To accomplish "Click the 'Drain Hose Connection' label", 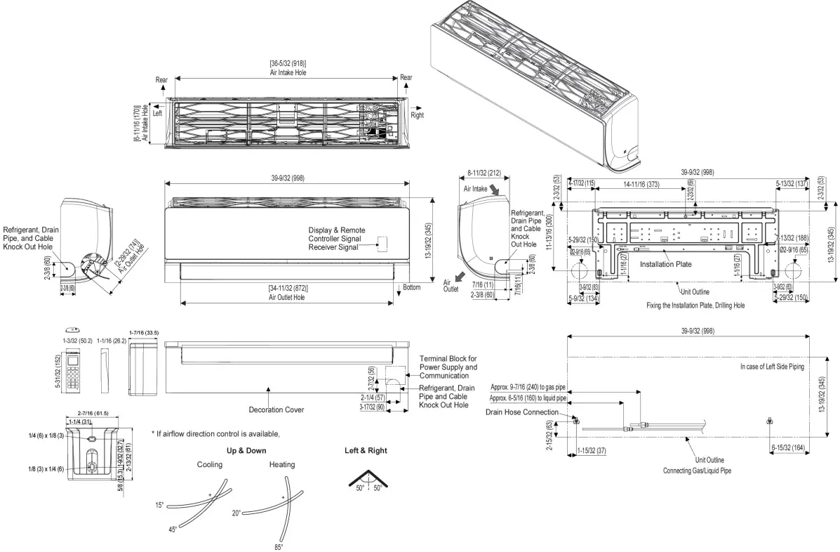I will (521, 412).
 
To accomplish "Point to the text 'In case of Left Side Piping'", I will (772, 367).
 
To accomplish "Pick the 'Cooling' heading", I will (209, 465).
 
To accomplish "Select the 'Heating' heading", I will (282, 465).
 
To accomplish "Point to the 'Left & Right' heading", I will (366, 450).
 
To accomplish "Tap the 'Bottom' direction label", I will (412, 287).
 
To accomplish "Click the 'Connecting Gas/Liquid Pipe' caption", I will (697, 471).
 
